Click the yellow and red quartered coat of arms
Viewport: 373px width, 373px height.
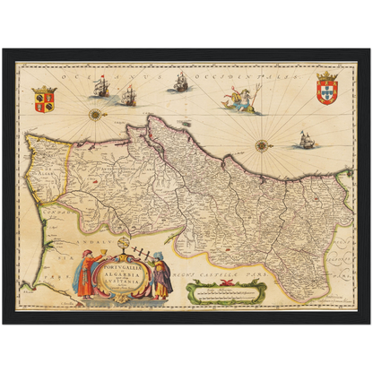coord(42,99)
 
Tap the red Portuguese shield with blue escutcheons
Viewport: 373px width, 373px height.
coord(327,91)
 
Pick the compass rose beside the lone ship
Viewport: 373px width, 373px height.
coord(262,144)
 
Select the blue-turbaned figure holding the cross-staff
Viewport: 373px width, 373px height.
coord(160,278)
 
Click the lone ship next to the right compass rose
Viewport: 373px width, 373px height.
coord(305,139)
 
